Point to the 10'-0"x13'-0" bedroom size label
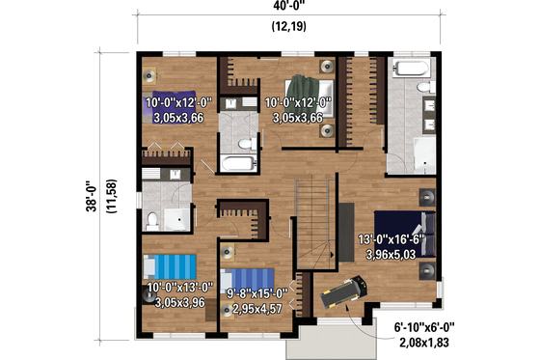178,288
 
